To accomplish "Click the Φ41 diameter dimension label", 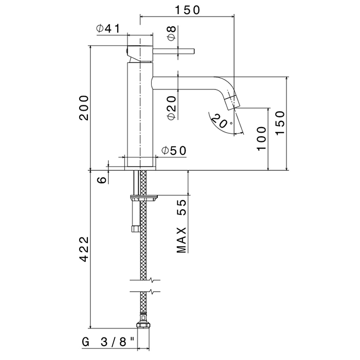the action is [108, 29].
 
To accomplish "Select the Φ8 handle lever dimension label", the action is [172, 33].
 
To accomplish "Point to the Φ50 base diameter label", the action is [174, 151].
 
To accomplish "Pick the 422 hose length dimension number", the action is [84, 249].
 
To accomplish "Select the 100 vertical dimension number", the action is [261, 138].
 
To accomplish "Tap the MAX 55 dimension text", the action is [182, 226].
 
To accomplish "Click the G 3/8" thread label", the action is [109, 343].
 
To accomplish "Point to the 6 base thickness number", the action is [102, 180].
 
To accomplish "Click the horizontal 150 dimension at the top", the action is [188, 10].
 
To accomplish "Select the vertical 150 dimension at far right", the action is [280, 123].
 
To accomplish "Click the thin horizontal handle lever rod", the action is [174, 51].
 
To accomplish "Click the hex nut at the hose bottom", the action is [143, 326].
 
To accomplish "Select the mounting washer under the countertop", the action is [143, 197].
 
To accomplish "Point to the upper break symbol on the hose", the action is [145, 280].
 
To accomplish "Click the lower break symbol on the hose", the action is [145, 292].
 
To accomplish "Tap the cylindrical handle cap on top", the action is [140, 53].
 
